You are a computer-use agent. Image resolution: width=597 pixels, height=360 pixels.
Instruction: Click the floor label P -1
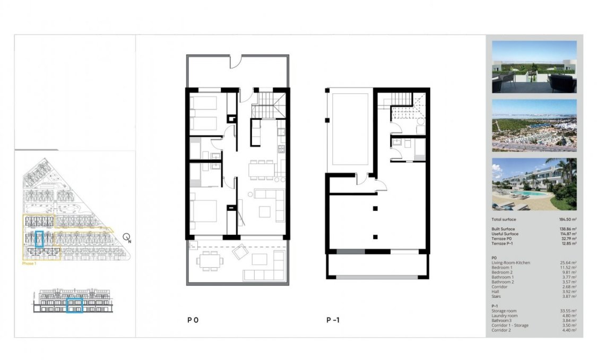[333, 320]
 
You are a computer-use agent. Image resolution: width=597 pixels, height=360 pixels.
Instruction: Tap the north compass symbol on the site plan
[126, 237]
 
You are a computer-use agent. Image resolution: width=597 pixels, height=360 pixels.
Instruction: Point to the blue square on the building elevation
[75, 306]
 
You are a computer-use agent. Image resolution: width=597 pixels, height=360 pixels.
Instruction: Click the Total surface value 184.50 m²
[566, 219]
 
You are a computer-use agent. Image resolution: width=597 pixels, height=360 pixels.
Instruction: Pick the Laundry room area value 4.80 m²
[568, 315]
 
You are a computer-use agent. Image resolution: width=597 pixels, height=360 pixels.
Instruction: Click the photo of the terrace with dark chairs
[534, 67]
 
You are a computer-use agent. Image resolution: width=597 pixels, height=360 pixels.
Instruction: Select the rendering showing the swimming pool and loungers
[534, 183]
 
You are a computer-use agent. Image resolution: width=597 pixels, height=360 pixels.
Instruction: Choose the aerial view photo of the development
[534, 125]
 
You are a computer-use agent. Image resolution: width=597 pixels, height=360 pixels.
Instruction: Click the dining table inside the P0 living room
[262, 169]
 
